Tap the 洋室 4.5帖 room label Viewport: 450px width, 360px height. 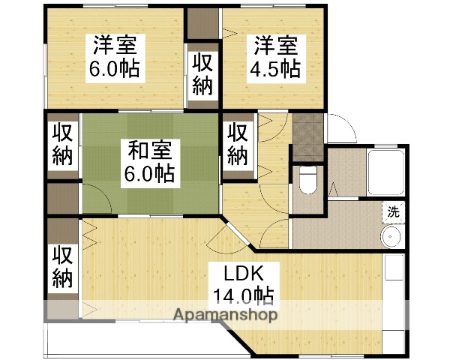point(274,57)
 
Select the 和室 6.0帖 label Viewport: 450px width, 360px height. point(150,163)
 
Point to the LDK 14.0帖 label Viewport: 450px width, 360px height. point(241,282)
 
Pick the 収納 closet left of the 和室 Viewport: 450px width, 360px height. point(63,144)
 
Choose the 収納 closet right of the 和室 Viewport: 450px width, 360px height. point(238,144)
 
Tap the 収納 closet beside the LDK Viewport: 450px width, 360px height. point(63,266)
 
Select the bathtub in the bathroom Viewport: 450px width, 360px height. point(385,172)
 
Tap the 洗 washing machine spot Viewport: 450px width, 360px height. point(392,212)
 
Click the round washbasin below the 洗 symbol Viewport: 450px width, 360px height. point(391,237)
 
